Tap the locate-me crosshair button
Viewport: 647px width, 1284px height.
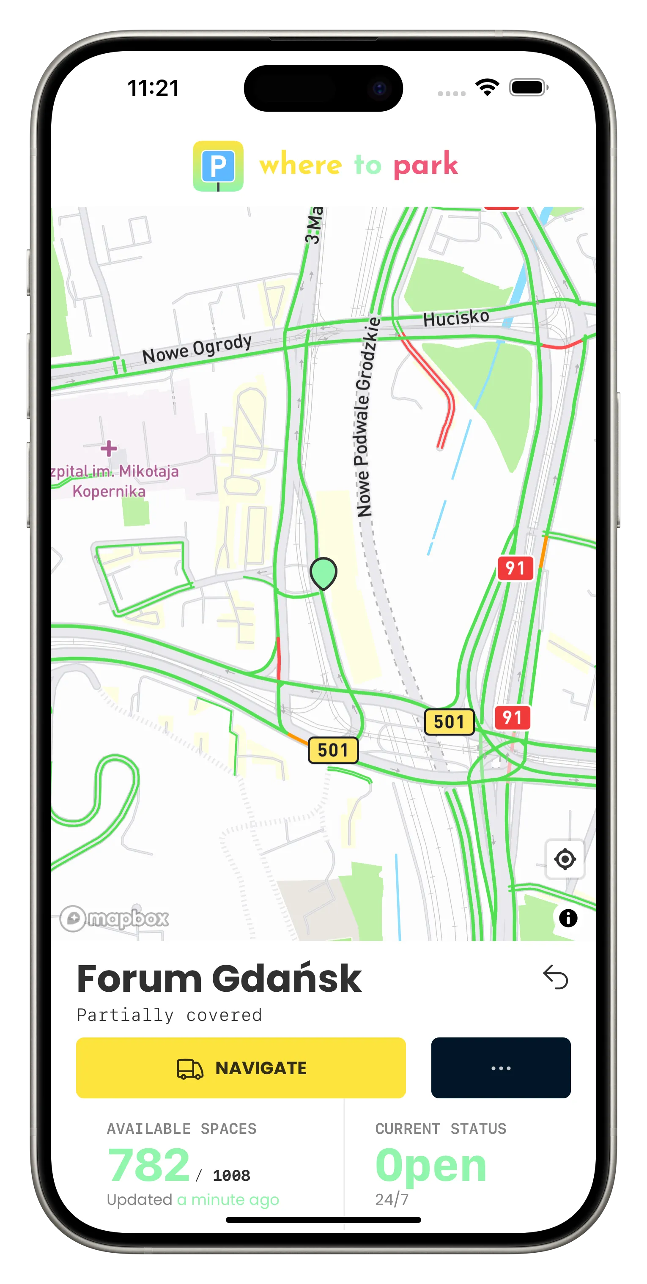tap(565, 859)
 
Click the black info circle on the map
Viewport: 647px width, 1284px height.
tap(568, 918)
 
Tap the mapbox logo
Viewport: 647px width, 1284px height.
tap(115, 918)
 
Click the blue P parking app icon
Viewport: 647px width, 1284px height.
tap(218, 166)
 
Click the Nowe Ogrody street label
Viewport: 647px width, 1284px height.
tap(197, 348)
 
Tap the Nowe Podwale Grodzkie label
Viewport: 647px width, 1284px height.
tap(367, 417)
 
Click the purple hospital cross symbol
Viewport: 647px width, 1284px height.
tap(109, 448)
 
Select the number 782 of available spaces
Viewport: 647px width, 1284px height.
tap(148, 1164)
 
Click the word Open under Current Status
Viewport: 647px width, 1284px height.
tap(430, 1164)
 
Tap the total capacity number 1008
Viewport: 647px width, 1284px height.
tap(231, 1175)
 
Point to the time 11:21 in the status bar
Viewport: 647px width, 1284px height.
tap(153, 88)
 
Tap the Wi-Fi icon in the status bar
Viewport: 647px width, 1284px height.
tap(487, 87)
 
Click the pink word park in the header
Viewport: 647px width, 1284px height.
tap(425, 165)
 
